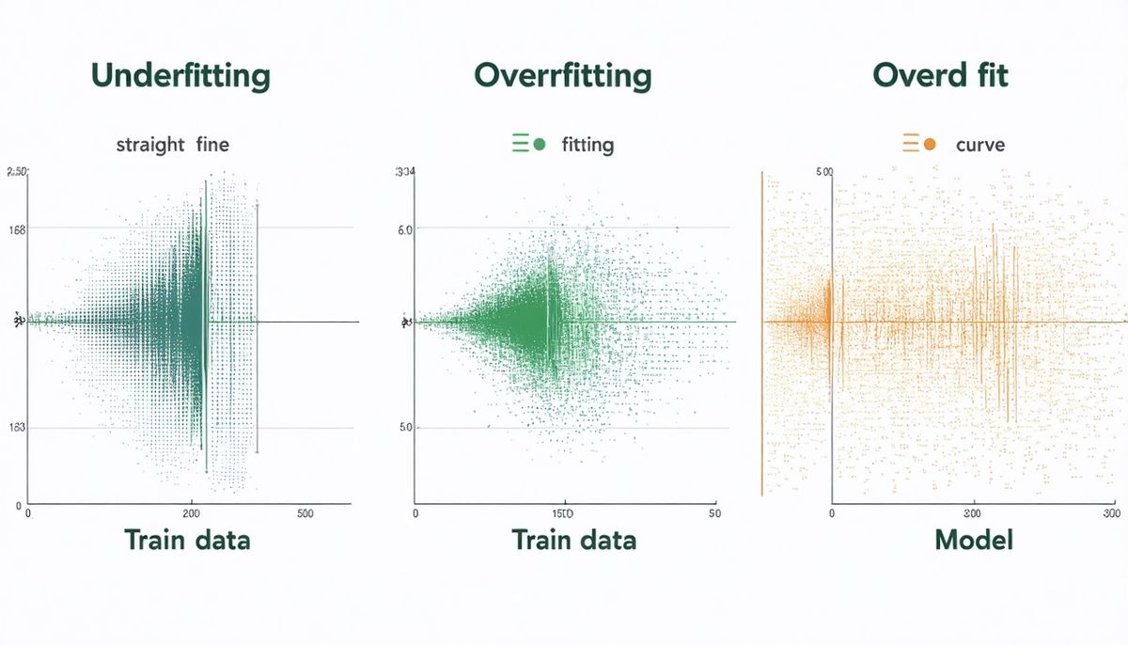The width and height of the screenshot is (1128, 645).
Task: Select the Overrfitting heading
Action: pos(563,76)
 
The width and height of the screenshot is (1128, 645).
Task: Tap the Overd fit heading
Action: pos(940,76)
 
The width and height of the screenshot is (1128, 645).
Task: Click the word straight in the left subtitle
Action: pos(149,146)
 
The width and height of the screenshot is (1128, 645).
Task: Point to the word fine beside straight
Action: pos(213,146)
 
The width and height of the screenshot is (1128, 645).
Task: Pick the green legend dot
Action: pos(540,145)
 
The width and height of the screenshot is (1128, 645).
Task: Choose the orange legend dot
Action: pos(930,145)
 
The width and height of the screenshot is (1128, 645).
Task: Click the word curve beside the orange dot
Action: pos(979,146)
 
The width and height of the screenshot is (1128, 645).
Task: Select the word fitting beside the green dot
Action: pos(587,146)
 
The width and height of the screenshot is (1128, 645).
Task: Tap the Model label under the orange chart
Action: pos(974,541)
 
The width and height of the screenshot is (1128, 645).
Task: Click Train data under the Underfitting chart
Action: pos(187,541)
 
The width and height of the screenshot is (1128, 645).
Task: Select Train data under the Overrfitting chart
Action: pos(573,541)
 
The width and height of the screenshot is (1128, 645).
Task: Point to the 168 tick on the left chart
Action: pos(17,228)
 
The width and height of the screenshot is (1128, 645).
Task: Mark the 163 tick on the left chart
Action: pos(17,428)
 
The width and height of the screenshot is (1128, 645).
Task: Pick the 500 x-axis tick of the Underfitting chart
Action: pos(305,514)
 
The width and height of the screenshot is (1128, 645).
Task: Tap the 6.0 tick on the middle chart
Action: pos(406,228)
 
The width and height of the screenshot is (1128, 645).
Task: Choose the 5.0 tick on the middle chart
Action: pos(406,428)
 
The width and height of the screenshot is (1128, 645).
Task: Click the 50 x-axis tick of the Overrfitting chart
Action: pos(714,514)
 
